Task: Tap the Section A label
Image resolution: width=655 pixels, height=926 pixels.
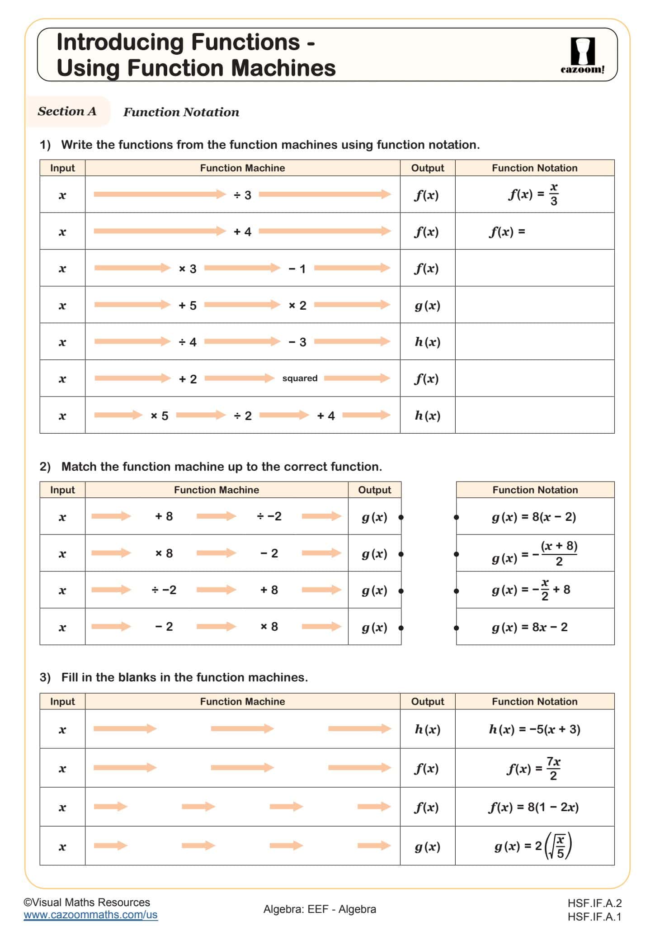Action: coord(67,111)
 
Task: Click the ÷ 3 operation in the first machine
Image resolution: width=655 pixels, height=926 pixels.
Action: coord(242,195)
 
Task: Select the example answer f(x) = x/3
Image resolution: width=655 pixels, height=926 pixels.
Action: coord(534,194)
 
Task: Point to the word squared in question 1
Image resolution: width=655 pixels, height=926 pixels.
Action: coord(300,378)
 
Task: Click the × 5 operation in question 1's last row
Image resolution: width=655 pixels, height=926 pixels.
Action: coord(159,416)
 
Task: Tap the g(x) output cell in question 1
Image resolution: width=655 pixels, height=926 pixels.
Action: coord(427,305)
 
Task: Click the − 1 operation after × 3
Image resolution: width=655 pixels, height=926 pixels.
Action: coord(297,269)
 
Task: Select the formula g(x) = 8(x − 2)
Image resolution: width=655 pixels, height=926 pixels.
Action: coord(534,517)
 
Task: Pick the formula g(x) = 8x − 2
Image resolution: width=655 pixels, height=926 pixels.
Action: coord(529,627)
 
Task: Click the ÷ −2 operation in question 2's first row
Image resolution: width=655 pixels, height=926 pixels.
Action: coord(269,516)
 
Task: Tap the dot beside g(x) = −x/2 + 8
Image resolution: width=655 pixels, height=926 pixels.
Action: coord(457,591)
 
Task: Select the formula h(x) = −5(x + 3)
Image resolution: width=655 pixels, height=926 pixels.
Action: coord(534,729)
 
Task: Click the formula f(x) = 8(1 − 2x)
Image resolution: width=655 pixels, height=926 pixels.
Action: coord(533,807)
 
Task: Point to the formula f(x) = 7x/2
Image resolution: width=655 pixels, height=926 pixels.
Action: coord(533,768)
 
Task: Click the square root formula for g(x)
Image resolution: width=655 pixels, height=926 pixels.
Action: coord(533,846)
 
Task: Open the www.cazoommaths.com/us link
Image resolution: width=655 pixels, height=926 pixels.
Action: coord(90,915)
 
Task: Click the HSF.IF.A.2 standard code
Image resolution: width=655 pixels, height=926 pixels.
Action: coord(594,903)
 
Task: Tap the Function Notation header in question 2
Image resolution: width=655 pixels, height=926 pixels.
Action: coord(535,490)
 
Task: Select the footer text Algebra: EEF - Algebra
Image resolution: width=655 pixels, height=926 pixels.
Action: coord(320,909)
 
